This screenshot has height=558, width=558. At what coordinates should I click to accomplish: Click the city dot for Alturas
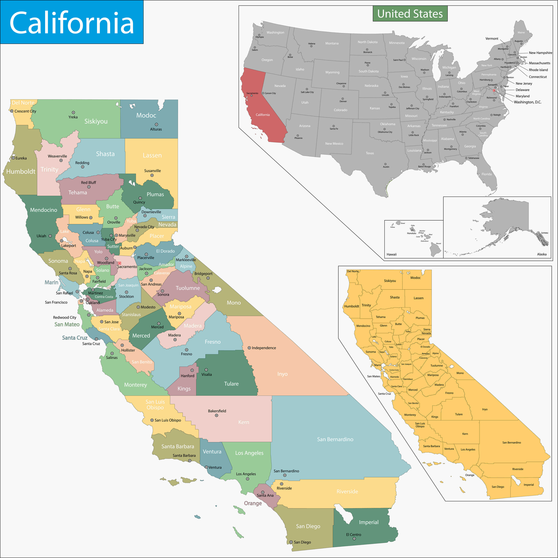point(156,124)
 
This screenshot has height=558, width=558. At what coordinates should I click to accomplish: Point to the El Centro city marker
point(354,539)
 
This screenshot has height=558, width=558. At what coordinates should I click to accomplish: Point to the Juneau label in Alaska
point(544,233)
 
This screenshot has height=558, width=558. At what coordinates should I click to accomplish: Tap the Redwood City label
point(65,317)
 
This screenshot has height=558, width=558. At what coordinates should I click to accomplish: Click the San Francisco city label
point(56,302)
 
